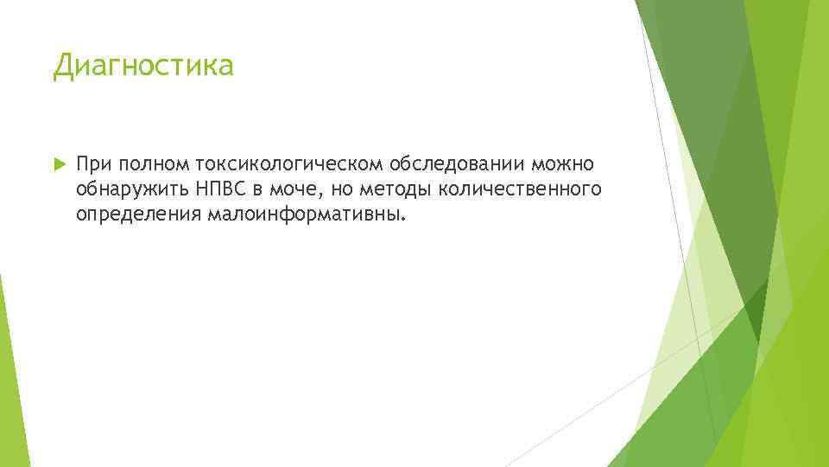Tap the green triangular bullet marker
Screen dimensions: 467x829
point(58,162)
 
